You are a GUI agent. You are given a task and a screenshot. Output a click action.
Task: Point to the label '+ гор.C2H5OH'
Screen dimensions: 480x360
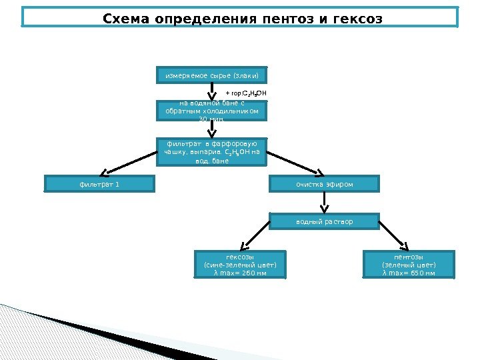pyautogui.click(x=246, y=93)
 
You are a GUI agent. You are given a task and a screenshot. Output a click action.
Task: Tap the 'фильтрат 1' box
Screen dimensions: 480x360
pyautogui.click(x=99, y=184)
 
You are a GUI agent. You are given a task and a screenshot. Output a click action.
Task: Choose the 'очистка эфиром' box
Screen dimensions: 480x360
pyautogui.click(x=324, y=184)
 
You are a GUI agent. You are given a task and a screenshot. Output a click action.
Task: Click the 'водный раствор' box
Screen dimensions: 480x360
pyautogui.click(x=324, y=221)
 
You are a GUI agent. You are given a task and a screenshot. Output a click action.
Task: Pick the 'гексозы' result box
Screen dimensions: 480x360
pyautogui.click(x=240, y=265)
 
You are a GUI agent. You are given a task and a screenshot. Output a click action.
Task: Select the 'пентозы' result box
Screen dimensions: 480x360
pyautogui.click(x=409, y=265)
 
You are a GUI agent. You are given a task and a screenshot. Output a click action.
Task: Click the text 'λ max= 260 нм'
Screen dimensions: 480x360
pyautogui.click(x=240, y=273)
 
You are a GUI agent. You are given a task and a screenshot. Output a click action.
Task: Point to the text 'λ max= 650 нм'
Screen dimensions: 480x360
pyautogui.click(x=409, y=273)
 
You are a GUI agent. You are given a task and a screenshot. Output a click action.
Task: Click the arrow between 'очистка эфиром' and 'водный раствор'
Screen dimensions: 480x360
pyautogui.click(x=324, y=203)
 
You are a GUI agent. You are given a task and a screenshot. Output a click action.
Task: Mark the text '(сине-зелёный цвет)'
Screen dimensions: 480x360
pyautogui.click(x=240, y=265)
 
